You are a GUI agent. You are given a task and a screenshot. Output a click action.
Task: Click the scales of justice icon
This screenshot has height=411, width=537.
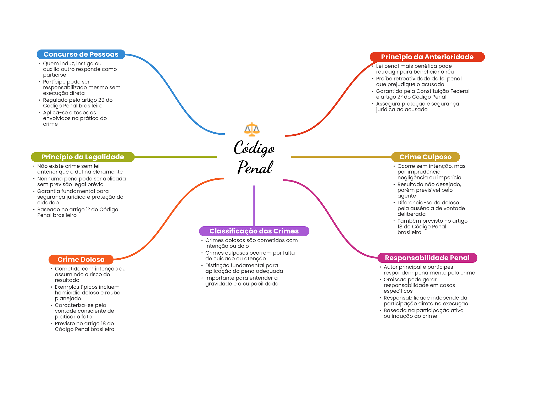[x=252, y=129]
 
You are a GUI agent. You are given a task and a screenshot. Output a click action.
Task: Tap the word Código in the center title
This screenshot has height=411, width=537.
[x=254, y=148]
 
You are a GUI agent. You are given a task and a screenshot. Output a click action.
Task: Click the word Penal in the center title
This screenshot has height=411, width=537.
[x=255, y=167]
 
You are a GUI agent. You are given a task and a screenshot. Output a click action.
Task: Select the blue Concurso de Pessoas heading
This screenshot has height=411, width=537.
[x=81, y=54]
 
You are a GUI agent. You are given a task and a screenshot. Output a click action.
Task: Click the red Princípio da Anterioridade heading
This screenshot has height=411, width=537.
[x=427, y=57]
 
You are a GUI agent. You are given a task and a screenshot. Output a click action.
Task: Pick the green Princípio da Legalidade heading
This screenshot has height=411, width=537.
[x=83, y=157]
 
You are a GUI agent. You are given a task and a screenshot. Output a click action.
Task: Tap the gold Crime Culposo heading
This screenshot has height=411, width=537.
[x=425, y=157]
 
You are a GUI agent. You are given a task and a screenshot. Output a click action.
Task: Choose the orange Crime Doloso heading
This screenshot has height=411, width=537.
[x=81, y=260]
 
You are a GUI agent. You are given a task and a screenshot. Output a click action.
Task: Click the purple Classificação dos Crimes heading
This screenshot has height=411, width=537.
[x=254, y=231]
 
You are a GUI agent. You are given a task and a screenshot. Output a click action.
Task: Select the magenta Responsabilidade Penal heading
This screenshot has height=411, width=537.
[x=427, y=258]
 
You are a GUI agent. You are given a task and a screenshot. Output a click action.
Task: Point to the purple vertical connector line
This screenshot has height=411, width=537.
[x=254, y=206]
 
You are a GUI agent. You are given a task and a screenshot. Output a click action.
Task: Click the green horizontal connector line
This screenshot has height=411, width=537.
[x=176, y=157]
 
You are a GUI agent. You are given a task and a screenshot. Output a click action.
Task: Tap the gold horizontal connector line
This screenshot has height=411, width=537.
[x=341, y=157]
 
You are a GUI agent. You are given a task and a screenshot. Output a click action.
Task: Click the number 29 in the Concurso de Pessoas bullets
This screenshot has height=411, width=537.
[x=101, y=100]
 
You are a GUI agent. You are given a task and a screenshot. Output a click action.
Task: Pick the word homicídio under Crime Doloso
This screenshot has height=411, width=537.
[x=67, y=293]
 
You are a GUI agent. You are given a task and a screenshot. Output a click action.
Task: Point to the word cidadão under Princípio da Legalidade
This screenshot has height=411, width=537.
[x=48, y=203]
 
